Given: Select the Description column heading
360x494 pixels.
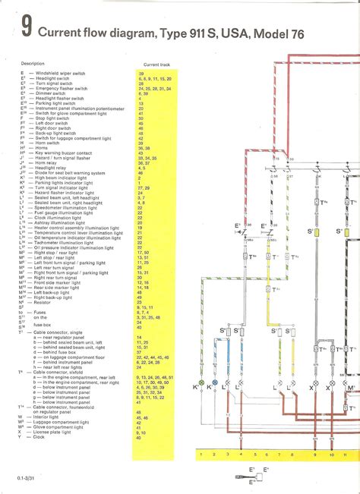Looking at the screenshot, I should [x=32, y=64].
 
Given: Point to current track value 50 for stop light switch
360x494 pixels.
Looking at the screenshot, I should [x=141, y=119].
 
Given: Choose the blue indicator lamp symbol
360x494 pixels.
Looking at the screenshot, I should [x=215, y=385].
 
